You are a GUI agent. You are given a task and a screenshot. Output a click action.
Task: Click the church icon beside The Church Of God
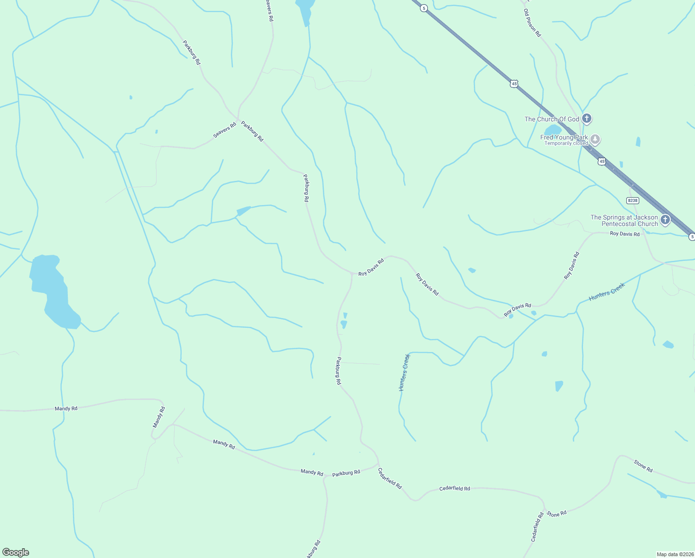coord(587,119)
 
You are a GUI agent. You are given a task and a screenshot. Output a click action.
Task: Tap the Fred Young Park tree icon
coord(595,139)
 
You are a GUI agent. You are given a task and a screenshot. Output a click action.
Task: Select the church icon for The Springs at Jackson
coord(665,220)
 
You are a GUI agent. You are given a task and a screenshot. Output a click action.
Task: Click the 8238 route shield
coord(632,200)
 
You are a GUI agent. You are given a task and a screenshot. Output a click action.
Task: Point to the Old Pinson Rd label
coord(532,23)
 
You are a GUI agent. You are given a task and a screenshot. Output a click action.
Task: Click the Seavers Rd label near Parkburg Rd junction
coord(225,131)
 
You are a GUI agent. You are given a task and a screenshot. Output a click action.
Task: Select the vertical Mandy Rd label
coord(159,417)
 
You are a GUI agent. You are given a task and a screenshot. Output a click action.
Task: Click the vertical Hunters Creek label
coord(404,372)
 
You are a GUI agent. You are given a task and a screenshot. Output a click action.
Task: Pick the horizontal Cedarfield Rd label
coord(454,489)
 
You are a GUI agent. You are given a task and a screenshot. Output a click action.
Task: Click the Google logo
coord(15,552)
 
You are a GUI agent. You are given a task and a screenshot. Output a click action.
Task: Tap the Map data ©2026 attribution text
coord(675,554)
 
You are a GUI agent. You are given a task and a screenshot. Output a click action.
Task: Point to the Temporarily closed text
coord(566,143)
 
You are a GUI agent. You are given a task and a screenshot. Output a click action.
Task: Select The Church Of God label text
coord(551,119)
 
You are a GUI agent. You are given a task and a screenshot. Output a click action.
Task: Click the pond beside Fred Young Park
coord(553,129)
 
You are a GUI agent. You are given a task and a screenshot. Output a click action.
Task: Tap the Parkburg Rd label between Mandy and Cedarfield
coord(346,473)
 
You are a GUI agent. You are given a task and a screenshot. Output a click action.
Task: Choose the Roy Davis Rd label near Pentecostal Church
coord(624,233)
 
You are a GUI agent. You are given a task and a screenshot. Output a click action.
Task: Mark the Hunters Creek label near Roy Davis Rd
coord(607,292)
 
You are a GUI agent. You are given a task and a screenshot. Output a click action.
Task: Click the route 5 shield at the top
coord(424,8)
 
